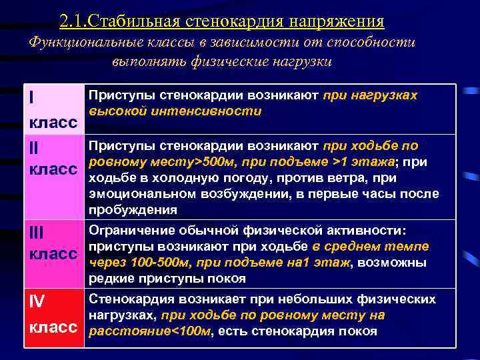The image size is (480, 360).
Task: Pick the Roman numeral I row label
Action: [32, 97]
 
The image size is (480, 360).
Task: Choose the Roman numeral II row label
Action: [35, 146]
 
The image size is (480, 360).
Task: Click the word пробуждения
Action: [133, 210]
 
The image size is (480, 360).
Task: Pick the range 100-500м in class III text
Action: [153, 262]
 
